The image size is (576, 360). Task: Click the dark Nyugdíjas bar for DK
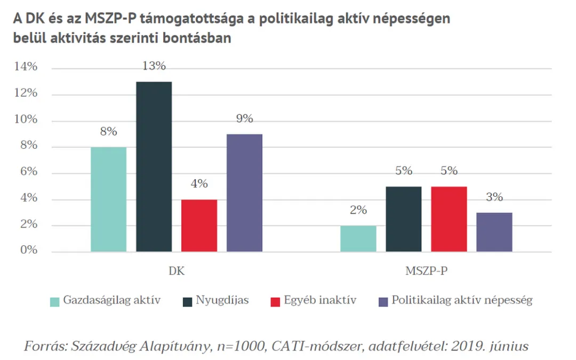pyautogui.click(x=154, y=166)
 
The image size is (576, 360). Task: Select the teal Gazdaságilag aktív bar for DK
pyautogui.click(x=108, y=199)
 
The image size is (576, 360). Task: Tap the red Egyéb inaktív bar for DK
pyautogui.click(x=199, y=226)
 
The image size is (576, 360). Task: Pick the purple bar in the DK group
pyautogui.click(x=244, y=193)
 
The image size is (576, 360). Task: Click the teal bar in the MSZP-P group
pyautogui.click(x=358, y=238)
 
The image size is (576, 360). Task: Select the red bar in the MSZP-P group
pyautogui.click(x=449, y=219)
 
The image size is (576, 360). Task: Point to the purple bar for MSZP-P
pyautogui.click(x=494, y=232)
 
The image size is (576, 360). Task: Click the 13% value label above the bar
pyautogui.click(x=154, y=67)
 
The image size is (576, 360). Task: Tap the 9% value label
pyautogui.click(x=244, y=119)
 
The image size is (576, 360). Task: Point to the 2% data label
pyautogui.click(x=358, y=210)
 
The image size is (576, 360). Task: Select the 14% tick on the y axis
pyautogui.click(x=26, y=67)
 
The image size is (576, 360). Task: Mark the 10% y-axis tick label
pyautogui.click(x=26, y=119)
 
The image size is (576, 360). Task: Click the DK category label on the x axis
pyautogui.click(x=177, y=271)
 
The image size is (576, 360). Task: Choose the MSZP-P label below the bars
pyautogui.click(x=426, y=271)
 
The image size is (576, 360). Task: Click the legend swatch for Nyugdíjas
pyautogui.click(x=187, y=301)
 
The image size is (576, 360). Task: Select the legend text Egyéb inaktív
pyautogui.click(x=321, y=300)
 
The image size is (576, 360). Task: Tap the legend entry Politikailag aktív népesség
pyautogui.click(x=462, y=300)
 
